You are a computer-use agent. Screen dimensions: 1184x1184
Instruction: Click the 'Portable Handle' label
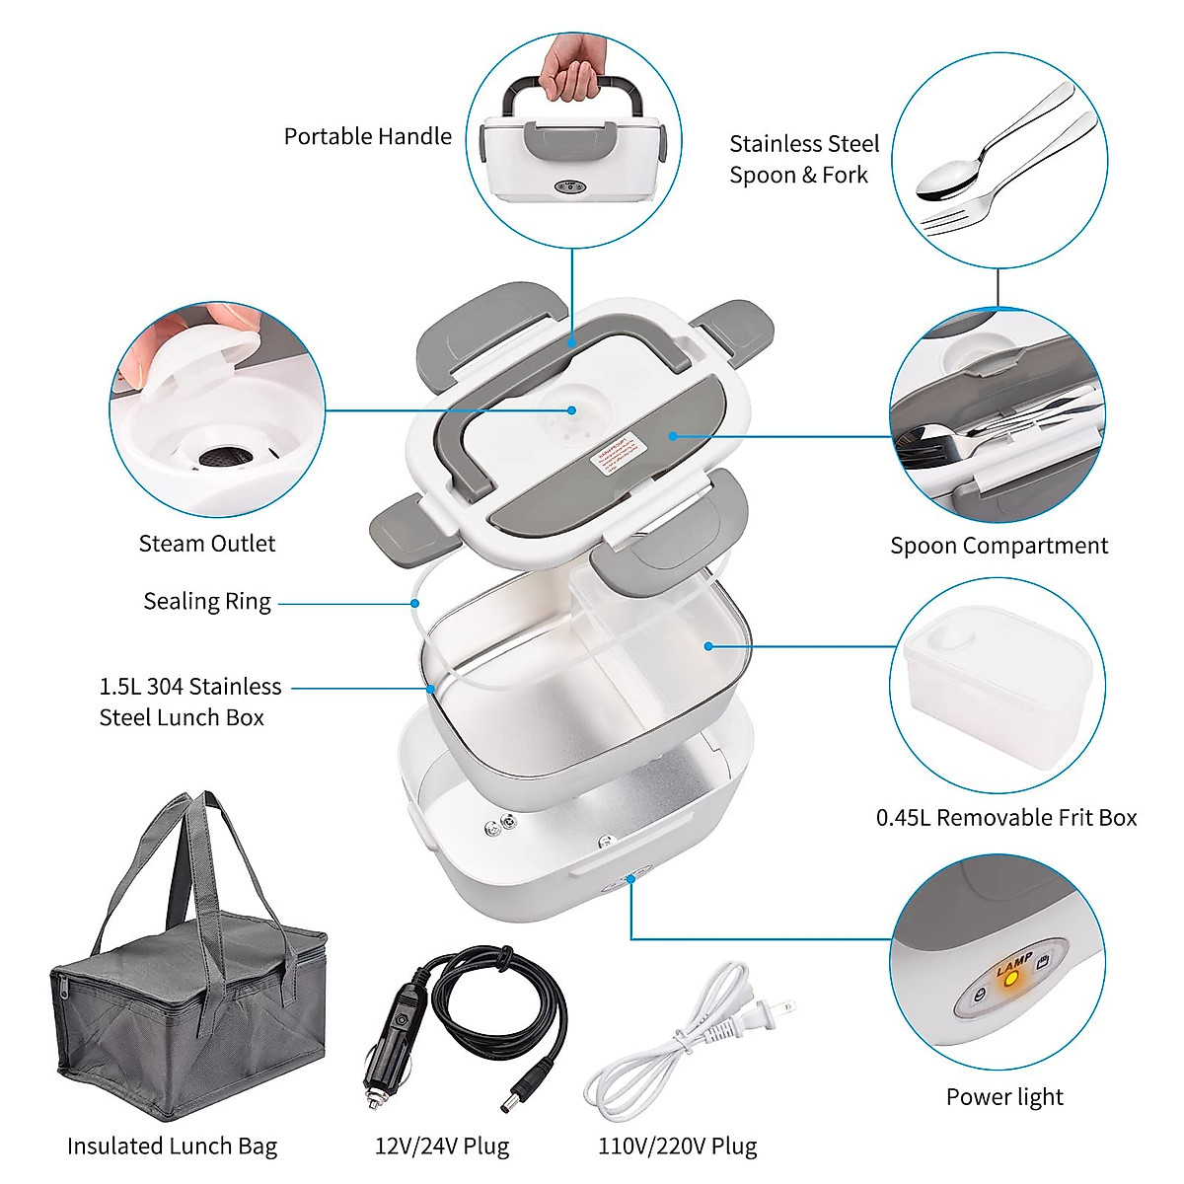tap(367, 136)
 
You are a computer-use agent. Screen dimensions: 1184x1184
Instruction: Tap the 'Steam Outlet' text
tap(207, 543)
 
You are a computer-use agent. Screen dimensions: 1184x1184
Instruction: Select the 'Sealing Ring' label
tap(207, 601)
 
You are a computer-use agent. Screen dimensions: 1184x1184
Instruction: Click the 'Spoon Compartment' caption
tap(999, 546)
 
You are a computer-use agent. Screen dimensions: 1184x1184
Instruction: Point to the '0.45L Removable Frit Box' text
tap(1006, 817)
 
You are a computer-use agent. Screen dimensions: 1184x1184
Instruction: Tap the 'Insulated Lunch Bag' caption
tap(172, 1147)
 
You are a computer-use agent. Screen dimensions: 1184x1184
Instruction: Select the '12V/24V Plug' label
tap(442, 1147)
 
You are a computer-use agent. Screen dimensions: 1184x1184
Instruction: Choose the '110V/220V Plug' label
tap(677, 1147)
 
